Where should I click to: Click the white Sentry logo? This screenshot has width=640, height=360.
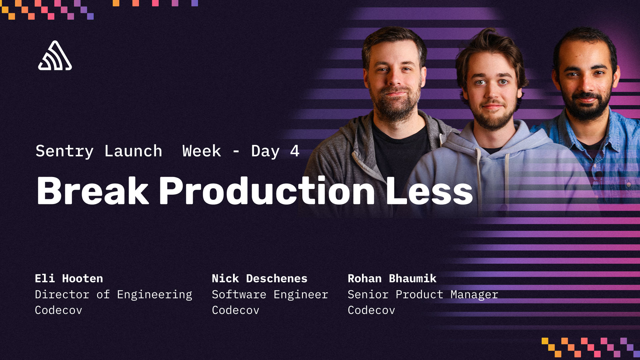55,56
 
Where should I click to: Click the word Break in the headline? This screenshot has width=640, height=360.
92,191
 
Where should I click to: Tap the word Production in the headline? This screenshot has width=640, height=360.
267,191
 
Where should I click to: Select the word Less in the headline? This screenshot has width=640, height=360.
429,191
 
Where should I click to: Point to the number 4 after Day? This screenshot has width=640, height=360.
295,151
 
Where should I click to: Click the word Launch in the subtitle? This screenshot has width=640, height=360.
133,151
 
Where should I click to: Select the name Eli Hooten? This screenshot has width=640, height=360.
69,278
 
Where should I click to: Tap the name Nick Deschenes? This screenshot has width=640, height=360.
259,278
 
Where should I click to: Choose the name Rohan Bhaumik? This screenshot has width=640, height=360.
392,278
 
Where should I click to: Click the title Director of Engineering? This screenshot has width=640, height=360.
113,294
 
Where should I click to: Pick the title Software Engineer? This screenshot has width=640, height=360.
270,294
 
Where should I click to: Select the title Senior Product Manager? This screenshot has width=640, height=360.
423,294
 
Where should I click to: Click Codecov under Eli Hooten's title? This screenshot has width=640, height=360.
58,310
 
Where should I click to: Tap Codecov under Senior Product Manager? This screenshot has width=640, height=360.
371,310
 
